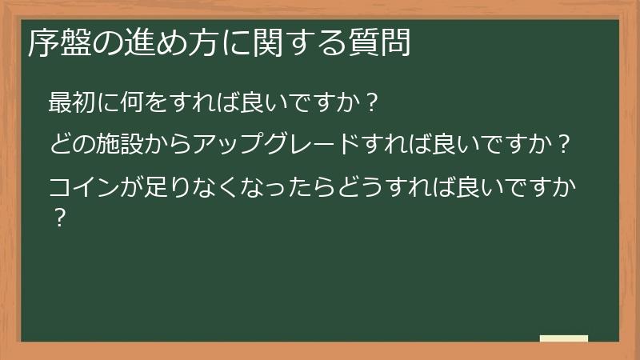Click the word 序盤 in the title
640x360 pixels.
(53, 43)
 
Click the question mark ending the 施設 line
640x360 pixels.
(565, 147)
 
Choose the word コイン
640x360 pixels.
(84, 190)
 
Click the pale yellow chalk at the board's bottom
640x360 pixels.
(563, 338)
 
